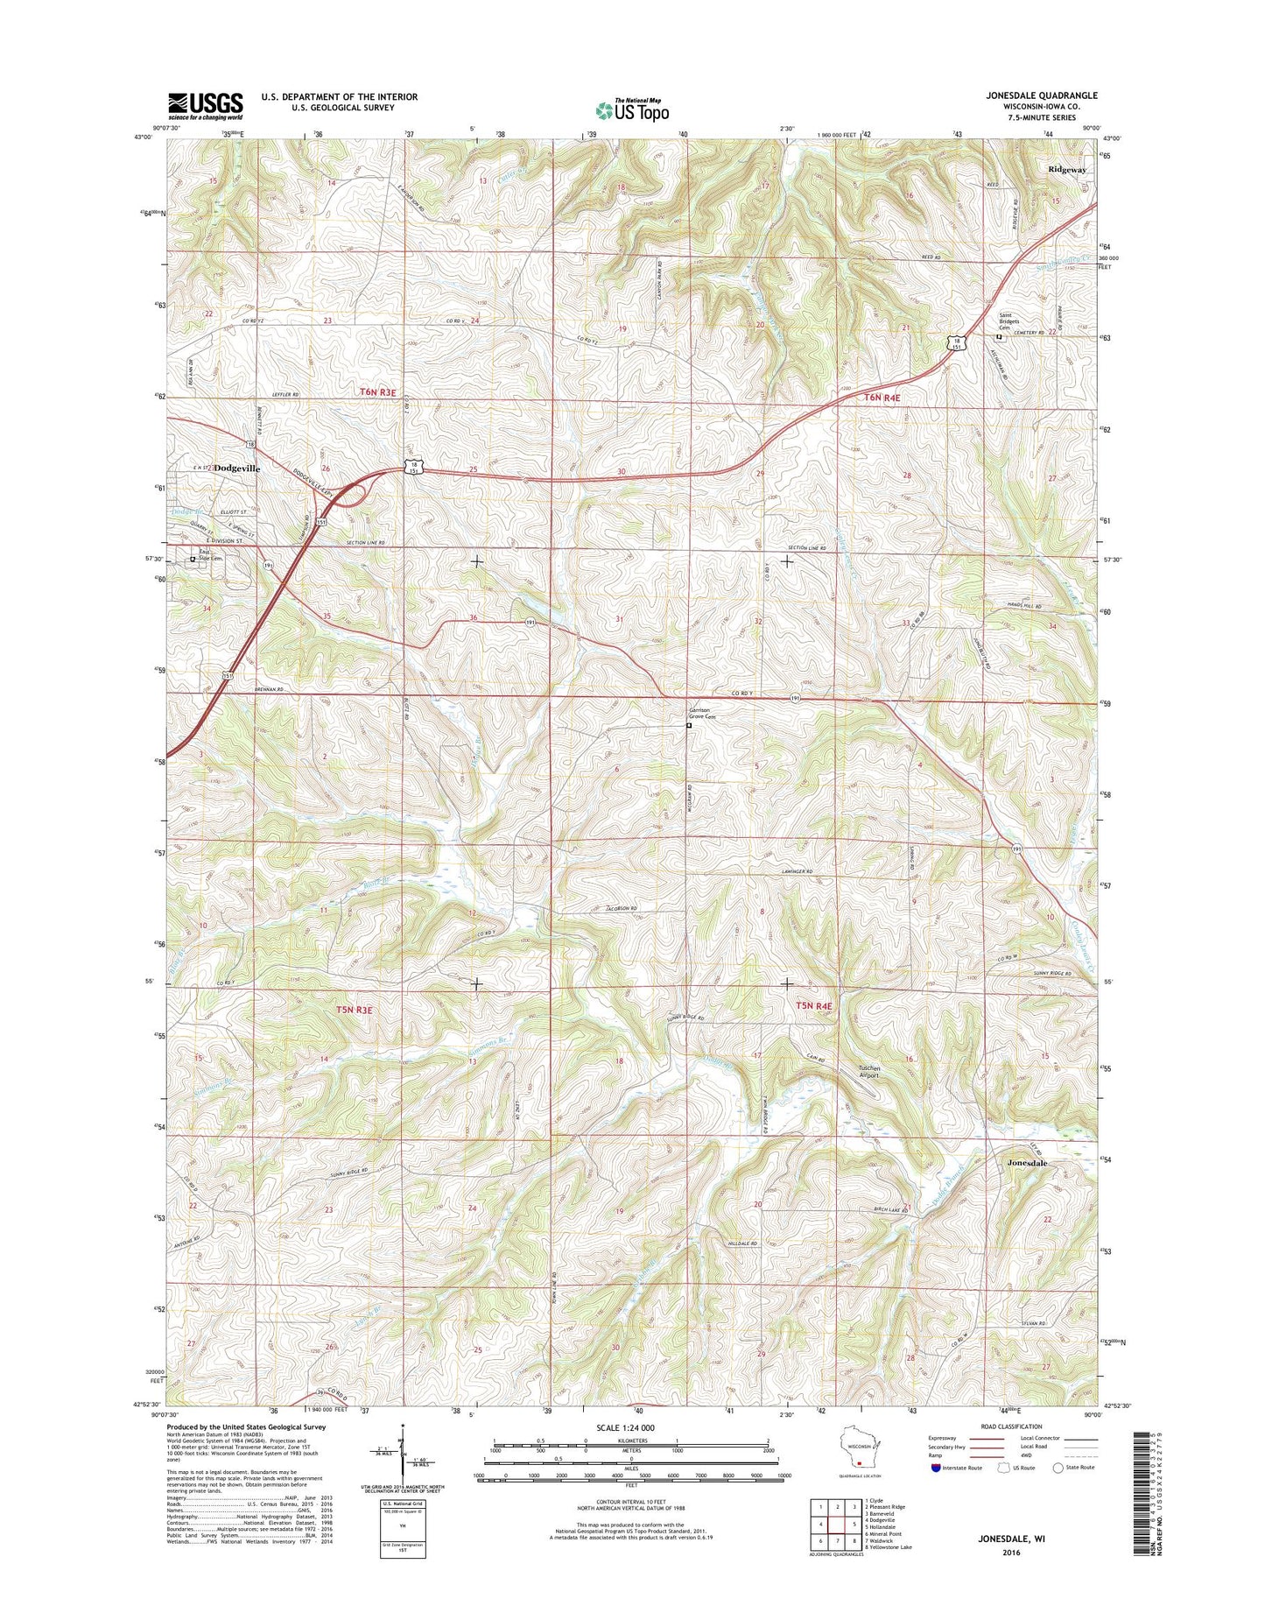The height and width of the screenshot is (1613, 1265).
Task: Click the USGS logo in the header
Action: click(x=205, y=105)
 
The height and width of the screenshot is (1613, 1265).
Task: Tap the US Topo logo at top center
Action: click(x=632, y=109)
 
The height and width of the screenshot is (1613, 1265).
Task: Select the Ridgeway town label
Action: click(x=1067, y=170)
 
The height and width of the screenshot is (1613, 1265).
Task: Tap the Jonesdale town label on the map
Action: click(x=1026, y=1163)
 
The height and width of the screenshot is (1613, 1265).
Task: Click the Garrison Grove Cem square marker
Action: click(x=688, y=725)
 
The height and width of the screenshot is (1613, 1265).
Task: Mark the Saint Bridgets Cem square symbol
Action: click(x=998, y=336)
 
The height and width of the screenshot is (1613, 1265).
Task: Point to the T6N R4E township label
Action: click(x=882, y=398)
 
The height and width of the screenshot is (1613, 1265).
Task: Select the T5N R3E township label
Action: click(x=354, y=1010)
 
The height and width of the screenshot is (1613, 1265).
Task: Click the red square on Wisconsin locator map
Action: click(x=860, y=1462)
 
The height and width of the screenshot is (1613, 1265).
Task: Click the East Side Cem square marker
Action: click(x=193, y=559)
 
